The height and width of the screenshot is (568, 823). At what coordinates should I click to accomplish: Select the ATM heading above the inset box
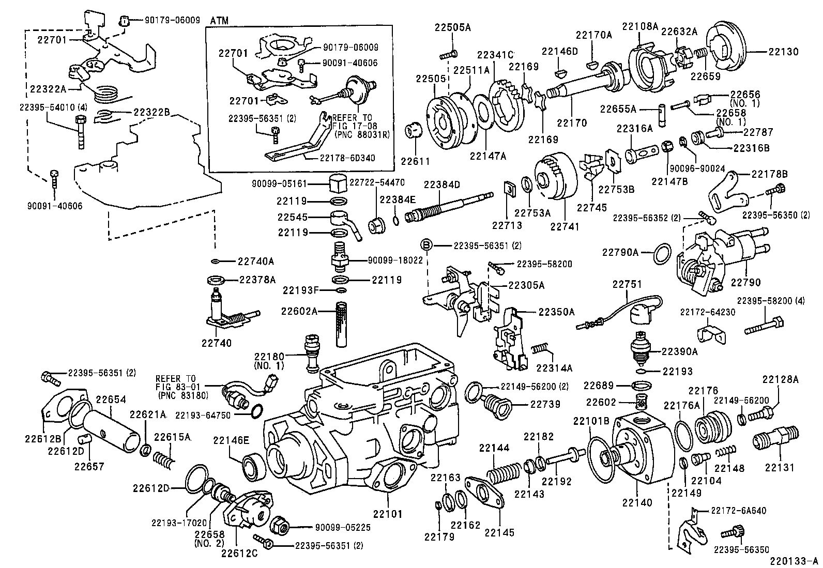coord(219,21)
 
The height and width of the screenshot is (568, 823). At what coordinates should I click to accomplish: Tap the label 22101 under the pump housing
coord(388,514)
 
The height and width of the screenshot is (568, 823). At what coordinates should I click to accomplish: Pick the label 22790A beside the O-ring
coord(620,252)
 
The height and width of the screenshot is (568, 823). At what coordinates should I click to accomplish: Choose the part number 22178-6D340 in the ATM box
coord(347,158)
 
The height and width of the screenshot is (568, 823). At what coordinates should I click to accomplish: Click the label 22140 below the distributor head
coord(637,502)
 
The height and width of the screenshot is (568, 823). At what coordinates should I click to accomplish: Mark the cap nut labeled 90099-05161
coord(338,182)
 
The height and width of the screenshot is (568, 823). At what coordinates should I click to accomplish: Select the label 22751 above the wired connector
coord(627,284)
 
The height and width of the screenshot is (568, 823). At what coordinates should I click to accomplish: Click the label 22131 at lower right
coord(779,468)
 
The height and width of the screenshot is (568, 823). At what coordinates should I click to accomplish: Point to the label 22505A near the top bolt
coord(452,27)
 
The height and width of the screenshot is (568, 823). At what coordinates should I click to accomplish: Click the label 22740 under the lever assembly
coord(217,343)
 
